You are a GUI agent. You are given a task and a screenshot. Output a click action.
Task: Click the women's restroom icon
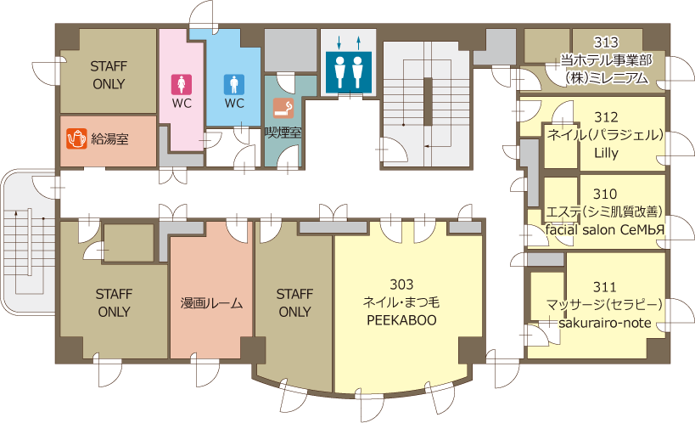(182, 84)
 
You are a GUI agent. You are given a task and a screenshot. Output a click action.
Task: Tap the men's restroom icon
(234, 84)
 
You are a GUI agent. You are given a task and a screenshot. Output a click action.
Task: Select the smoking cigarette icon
(283, 108)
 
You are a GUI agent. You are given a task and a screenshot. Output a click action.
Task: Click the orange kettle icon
(76, 138)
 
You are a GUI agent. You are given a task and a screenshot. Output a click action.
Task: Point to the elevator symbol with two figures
(349, 72)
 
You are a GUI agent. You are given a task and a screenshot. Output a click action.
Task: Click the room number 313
(605, 42)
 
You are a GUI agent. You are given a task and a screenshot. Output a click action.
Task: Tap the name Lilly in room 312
(606, 153)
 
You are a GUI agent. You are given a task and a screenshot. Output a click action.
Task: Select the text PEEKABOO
(401, 320)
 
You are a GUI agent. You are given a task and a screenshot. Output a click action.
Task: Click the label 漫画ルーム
(211, 303)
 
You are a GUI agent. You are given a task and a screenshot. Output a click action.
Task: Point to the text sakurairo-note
(604, 323)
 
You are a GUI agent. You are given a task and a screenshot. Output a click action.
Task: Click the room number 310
(604, 194)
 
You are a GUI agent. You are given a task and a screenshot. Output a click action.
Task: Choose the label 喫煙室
(283, 132)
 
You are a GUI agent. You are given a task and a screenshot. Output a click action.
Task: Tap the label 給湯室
(109, 139)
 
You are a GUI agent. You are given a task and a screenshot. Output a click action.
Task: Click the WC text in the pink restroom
(182, 104)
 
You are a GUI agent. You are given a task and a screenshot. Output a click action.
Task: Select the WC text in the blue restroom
(234, 104)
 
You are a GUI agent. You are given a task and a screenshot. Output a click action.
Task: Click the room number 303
(401, 284)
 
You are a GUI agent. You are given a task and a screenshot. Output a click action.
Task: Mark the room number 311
(604, 287)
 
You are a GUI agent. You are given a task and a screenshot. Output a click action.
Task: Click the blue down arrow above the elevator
(339, 42)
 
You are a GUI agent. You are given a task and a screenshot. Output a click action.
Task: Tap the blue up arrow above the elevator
(359, 42)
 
